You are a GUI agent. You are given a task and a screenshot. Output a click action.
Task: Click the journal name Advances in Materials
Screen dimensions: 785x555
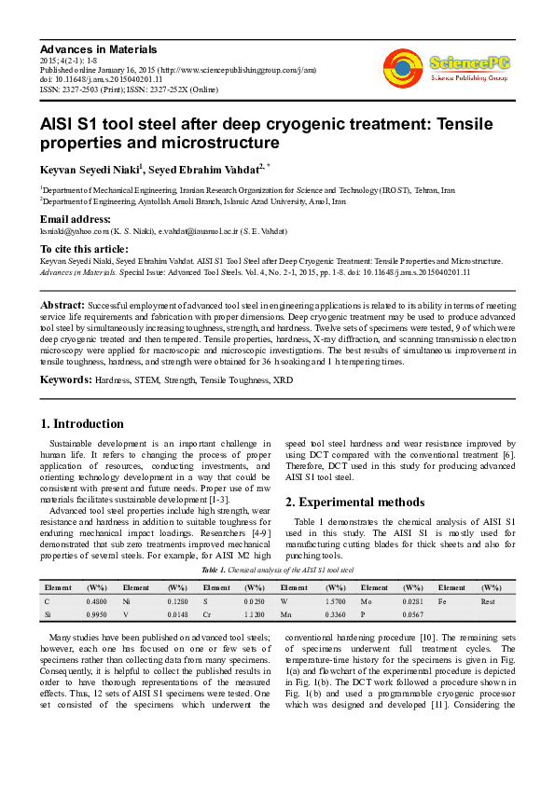pos(98,48)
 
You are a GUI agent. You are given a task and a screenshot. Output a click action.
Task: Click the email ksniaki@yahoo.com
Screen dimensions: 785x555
pos(76,230)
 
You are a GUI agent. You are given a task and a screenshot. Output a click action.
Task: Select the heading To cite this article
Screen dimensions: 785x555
pos(84,249)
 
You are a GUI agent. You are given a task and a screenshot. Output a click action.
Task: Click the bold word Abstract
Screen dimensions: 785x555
pos(62,306)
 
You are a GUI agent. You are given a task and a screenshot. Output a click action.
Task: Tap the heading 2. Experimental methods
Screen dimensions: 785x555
pos(354,502)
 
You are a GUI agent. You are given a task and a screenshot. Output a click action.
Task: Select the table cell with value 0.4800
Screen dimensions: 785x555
pos(96,601)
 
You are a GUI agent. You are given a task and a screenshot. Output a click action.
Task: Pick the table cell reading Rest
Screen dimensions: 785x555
pos(487,601)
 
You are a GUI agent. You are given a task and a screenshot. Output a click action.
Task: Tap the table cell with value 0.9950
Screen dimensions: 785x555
pos(96,615)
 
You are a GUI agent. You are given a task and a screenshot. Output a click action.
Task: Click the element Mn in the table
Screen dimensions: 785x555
pos(285,615)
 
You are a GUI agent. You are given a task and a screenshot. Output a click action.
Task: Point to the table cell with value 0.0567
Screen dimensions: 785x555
pos(412,615)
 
